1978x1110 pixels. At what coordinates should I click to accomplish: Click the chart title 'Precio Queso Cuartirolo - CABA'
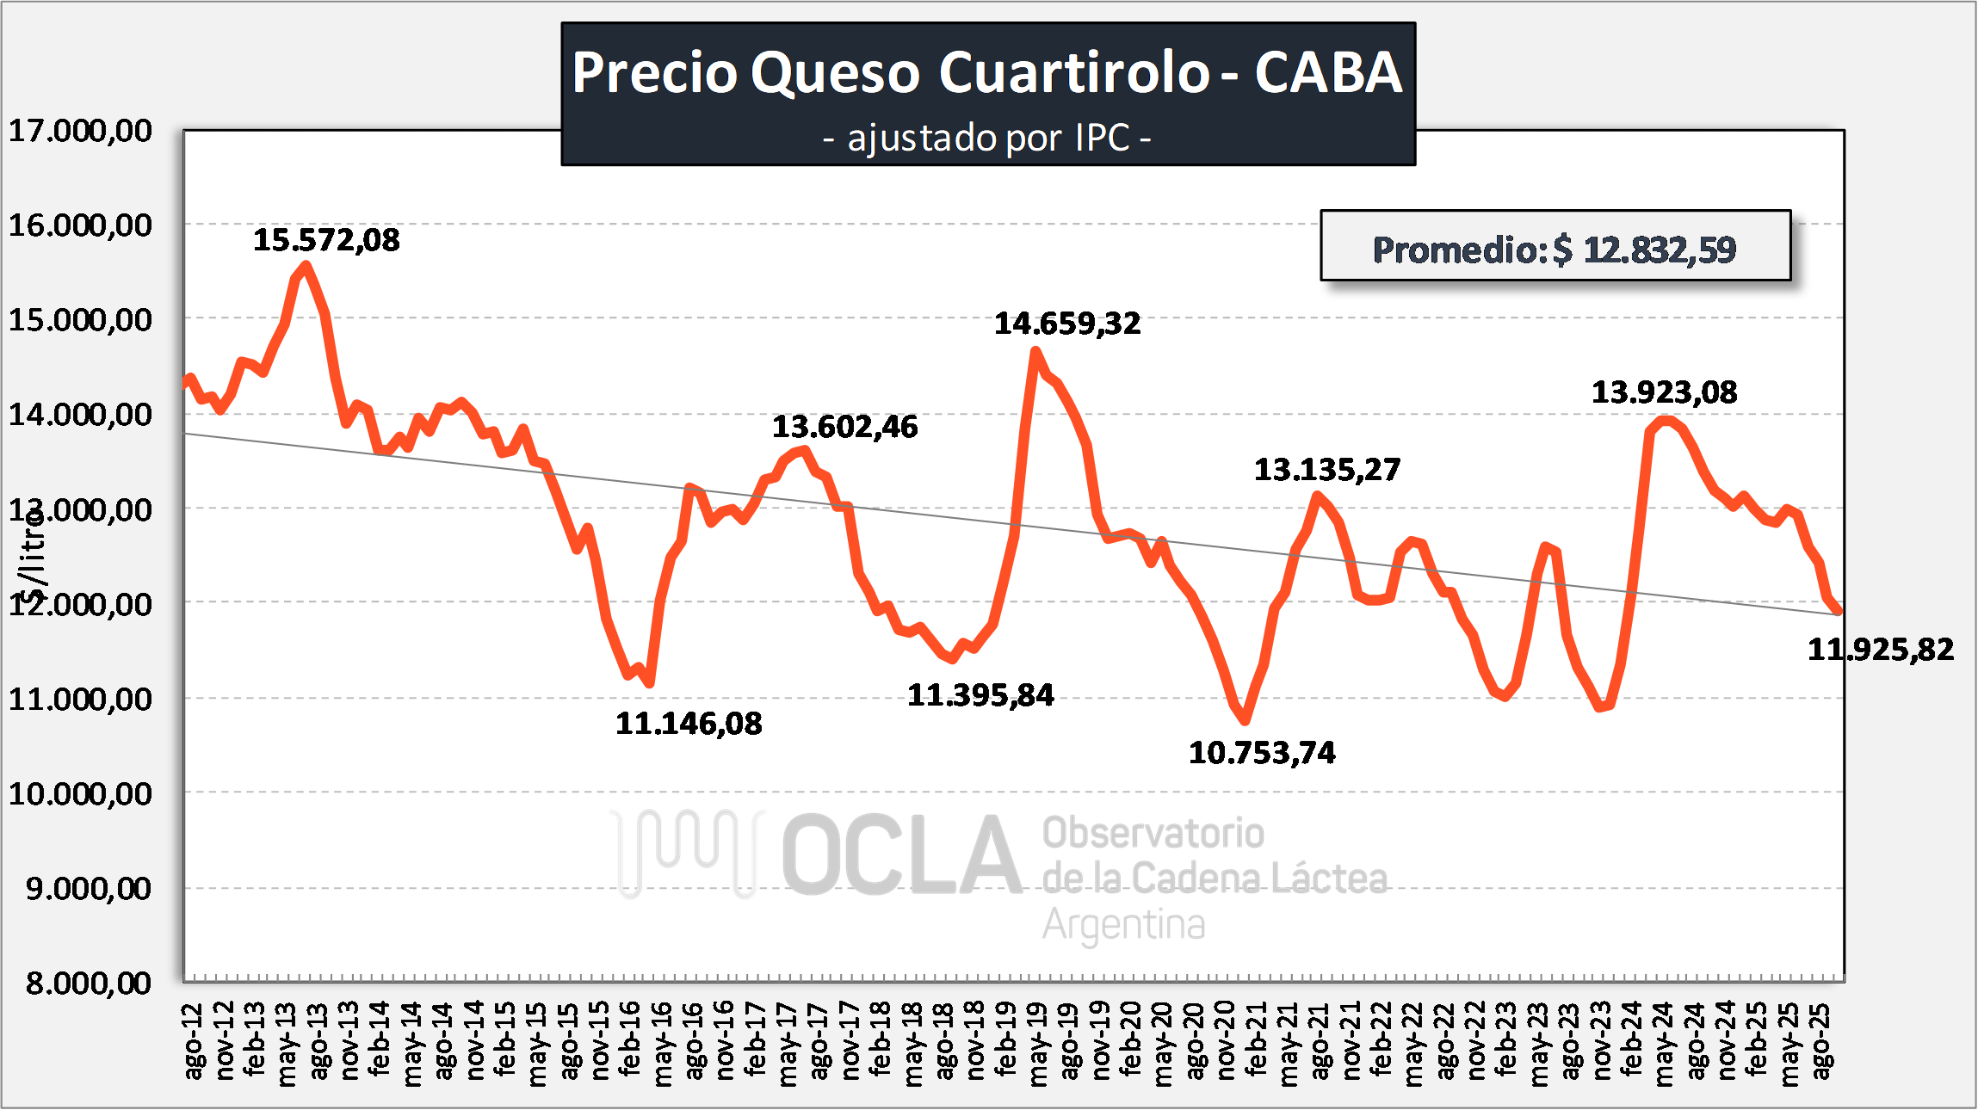point(987,72)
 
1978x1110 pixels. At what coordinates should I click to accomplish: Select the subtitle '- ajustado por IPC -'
point(987,138)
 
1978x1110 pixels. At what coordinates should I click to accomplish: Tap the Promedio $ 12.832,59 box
point(1555,249)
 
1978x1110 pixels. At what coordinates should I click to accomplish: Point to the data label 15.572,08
point(326,240)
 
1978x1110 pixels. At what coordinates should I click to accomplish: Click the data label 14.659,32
point(1067,324)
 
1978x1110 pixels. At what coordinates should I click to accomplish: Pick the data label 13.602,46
point(844,427)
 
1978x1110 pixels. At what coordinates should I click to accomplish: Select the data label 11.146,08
point(689,724)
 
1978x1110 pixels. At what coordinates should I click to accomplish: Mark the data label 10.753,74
point(1262,753)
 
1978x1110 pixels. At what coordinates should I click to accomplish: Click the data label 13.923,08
point(1664,392)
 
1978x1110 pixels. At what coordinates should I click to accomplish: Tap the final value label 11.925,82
point(1880,649)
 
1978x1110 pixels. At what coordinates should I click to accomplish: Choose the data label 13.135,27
point(1326,470)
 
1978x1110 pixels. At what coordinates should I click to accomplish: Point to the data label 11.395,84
point(980,695)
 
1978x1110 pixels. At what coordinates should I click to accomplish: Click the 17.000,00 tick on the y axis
point(80,131)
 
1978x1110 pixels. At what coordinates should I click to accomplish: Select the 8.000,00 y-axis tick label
point(88,983)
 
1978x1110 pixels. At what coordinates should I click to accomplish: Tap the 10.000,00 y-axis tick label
point(80,793)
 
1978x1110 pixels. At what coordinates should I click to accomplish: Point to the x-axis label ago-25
point(1821,1040)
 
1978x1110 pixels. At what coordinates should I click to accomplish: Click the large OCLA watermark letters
point(901,855)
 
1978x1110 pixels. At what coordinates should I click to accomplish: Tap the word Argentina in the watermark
point(1123,925)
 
